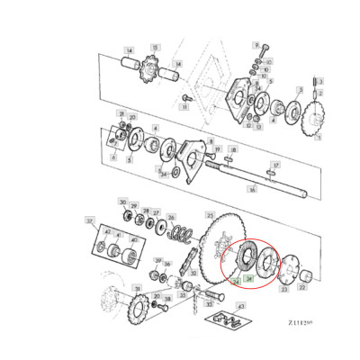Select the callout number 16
coord(253,190)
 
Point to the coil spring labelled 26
coord(182,236)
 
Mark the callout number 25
coord(210,215)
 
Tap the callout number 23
coord(283,290)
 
